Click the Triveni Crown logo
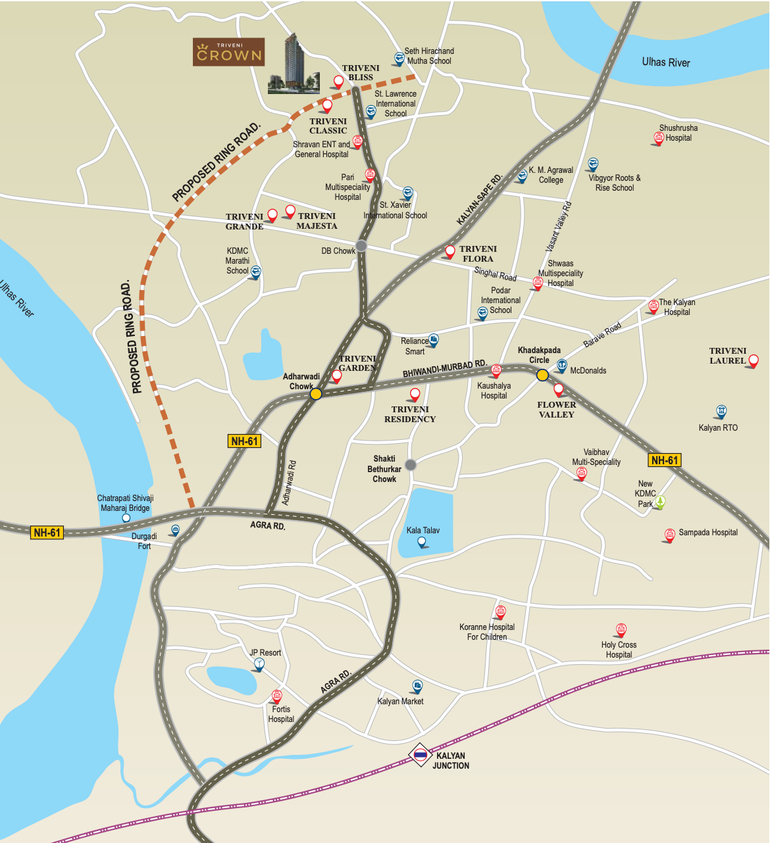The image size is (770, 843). click(229, 52)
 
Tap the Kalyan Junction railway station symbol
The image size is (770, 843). click(420, 756)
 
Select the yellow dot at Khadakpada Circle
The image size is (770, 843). click(542, 375)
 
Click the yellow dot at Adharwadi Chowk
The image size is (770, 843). click(316, 393)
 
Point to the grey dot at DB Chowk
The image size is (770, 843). click(361, 247)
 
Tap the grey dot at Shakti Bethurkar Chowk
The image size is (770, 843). click(411, 464)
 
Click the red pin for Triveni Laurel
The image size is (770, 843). click(754, 360)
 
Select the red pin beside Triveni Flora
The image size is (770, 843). click(450, 251)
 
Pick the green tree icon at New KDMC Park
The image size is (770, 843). click(660, 502)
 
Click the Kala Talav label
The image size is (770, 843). click(423, 530)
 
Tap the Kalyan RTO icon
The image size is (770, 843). click(721, 412)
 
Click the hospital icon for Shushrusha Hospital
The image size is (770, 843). click(658, 137)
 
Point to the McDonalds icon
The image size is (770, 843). click(562, 365)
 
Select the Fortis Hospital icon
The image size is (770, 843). click(276, 696)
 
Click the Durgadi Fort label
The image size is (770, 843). click(144, 541)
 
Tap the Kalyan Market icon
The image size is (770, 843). click(417, 686)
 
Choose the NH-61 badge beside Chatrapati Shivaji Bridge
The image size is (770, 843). click(47, 532)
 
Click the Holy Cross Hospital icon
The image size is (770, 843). click(621, 630)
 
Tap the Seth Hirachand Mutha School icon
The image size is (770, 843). click(399, 59)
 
